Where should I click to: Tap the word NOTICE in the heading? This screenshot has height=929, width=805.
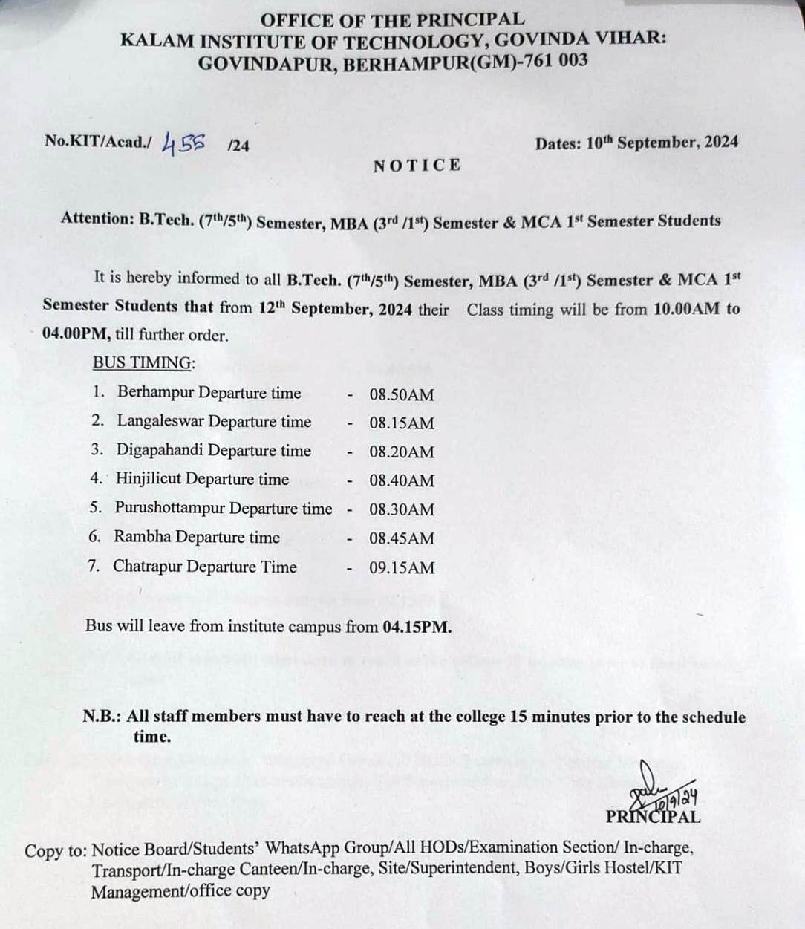click(x=417, y=165)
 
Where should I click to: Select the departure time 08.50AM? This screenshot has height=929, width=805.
click(x=401, y=394)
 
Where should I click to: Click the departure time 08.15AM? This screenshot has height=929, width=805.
click(x=401, y=423)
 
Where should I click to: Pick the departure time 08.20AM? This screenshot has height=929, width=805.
click(x=401, y=452)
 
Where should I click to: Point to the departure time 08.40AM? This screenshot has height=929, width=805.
click(x=401, y=480)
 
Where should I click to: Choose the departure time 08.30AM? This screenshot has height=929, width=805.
click(x=401, y=509)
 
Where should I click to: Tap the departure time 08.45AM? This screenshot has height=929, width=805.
click(x=401, y=538)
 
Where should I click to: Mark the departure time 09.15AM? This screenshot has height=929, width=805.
click(x=401, y=567)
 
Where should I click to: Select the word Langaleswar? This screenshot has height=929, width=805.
click(x=160, y=421)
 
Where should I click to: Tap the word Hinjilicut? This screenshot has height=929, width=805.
click(x=148, y=479)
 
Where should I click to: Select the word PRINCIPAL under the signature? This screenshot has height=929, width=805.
click(x=653, y=817)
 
